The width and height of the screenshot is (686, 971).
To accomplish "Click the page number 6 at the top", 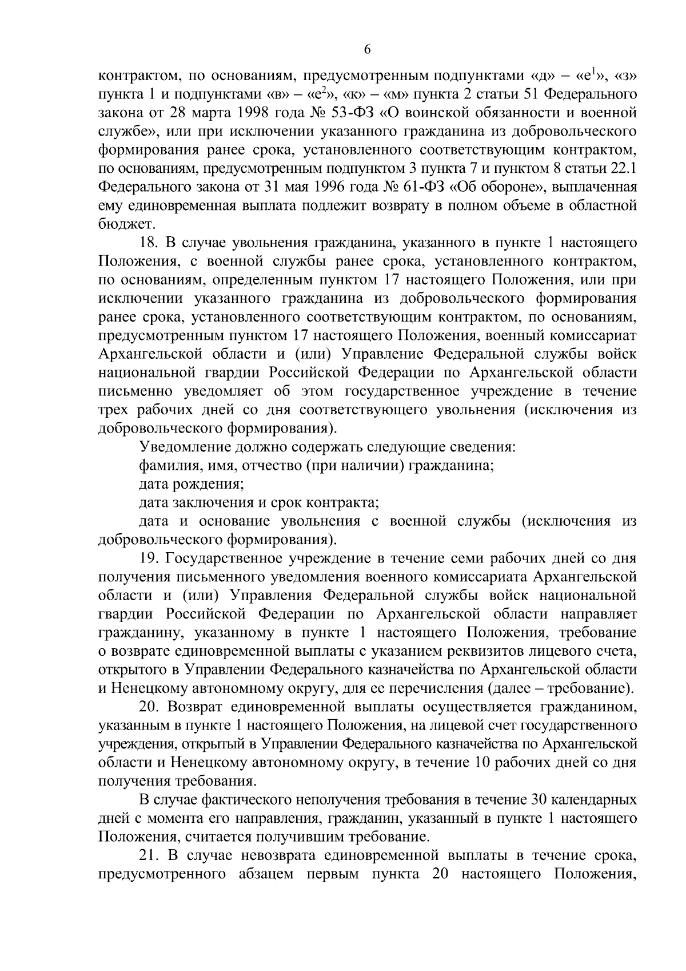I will tap(367, 50).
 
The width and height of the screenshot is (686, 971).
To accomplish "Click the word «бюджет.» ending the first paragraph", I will tap(119, 224).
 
